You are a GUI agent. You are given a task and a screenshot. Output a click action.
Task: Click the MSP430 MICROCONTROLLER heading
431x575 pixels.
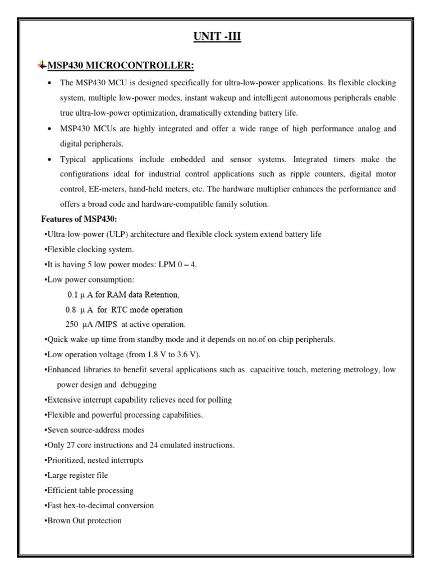[121, 66]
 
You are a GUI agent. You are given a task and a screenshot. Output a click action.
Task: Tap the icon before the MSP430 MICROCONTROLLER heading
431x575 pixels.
[42, 66]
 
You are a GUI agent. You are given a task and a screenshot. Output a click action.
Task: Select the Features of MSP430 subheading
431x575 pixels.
[79, 219]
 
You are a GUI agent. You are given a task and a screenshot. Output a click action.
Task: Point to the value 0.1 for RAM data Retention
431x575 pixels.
[72, 294]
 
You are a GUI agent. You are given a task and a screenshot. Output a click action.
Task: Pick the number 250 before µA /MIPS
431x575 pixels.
[72, 325]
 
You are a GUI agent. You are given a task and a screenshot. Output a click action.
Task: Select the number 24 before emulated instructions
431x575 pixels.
[152, 445]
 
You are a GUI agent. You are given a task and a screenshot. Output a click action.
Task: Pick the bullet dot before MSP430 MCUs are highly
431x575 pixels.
[50, 129]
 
